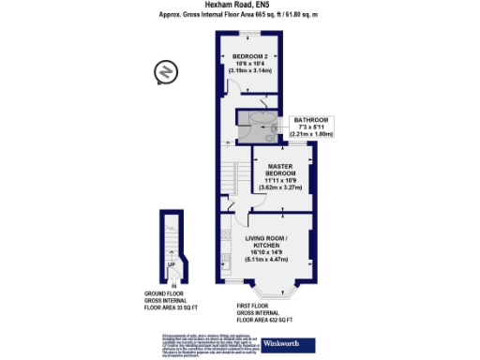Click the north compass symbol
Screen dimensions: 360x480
pyautogui.click(x=165, y=71)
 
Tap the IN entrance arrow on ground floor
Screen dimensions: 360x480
pyautogui.click(x=172, y=284)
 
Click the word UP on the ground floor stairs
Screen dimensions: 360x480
pyautogui.click(x=170, y=264)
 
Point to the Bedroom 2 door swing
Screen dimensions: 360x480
pyautogui.click(x=235, y=86)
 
